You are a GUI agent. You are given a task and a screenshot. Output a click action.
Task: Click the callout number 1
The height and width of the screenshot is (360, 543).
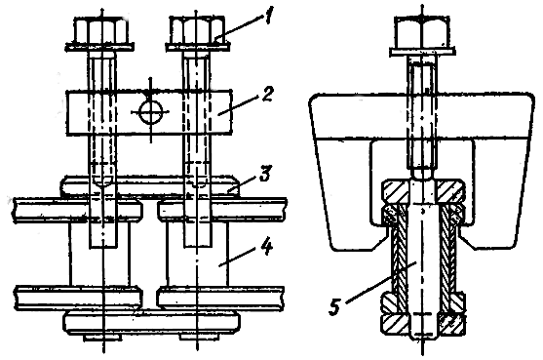tap(267, 16)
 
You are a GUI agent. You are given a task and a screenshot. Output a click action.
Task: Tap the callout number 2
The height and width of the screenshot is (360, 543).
tap(266, 94)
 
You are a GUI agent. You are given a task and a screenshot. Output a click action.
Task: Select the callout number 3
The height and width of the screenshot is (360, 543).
tap(265, 174)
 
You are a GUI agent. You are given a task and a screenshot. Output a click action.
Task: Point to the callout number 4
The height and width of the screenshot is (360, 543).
tap(267, 247)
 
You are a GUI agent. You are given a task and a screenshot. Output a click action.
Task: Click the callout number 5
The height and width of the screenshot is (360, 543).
tap(334, 307)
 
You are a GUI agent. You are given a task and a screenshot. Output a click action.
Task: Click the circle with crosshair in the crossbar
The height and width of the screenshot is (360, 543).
tap(150, 111)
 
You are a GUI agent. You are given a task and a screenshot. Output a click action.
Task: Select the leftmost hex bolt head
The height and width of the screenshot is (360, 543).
tap(100, 32)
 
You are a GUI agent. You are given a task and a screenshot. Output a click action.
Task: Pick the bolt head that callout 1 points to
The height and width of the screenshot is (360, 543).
tap(196, 30)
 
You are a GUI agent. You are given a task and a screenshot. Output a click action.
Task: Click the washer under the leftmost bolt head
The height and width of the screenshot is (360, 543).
tap(100, 47)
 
